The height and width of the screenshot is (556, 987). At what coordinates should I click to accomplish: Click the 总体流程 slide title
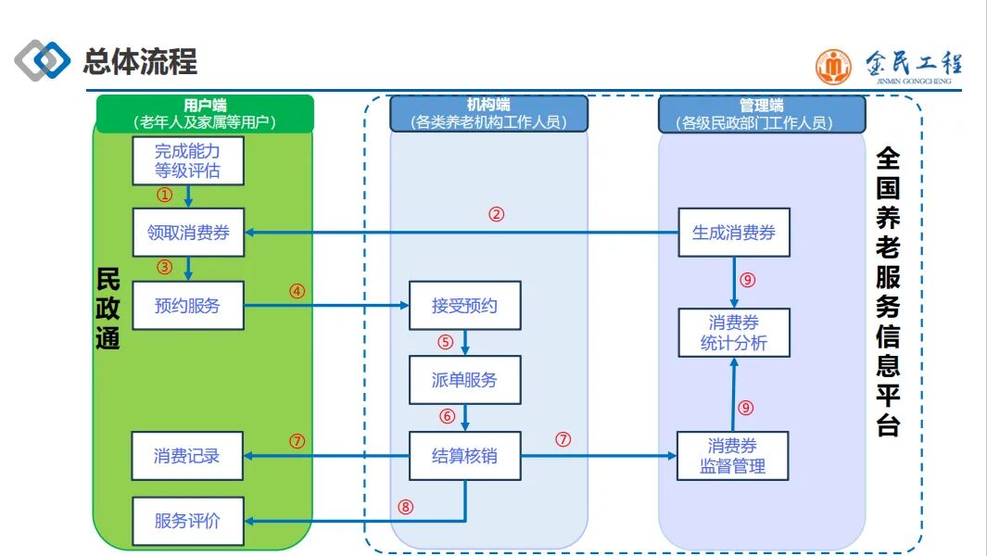click(x=140, y=62)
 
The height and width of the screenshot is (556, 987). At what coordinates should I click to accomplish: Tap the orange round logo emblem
click(x=833, y=67)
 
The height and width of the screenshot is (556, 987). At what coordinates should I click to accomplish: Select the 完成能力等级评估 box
click(x=188, y=161)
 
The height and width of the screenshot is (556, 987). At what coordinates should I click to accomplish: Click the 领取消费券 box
click(x=188, y=233)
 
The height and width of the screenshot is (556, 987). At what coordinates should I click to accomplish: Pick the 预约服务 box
click(x=188, y=306)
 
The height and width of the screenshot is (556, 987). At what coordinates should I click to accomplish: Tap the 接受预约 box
click(x=465, y=306)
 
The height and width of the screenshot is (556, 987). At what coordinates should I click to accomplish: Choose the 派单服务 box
click(x=465, y=380)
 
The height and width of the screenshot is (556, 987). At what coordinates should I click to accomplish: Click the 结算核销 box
click(x=465, y=456)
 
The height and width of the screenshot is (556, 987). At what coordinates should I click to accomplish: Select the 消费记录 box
click(x=187, y=456)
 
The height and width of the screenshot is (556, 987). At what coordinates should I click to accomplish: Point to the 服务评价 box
click(x=188, y=521)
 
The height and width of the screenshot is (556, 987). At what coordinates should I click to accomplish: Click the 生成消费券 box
click(x=734, y=233)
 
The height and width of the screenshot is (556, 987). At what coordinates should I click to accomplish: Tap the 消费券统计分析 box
click(x=734, y=333)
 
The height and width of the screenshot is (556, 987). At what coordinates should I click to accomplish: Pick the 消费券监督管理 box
click(x=733, y=456)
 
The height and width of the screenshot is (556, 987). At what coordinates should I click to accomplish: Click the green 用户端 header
click(x=205, y=114)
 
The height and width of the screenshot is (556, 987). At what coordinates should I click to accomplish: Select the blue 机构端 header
click(x=488, y=114)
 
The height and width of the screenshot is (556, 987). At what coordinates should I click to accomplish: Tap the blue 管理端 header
click(x=762, y=114)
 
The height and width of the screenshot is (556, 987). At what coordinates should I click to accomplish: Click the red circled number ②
click(x=497, y=215)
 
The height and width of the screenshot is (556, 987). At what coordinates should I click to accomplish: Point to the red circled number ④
click(x=297, y=292)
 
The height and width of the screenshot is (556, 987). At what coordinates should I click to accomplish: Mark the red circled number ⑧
click(x=405, y=507)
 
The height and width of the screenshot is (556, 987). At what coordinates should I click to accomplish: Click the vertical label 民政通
click(x=108, y=309)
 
